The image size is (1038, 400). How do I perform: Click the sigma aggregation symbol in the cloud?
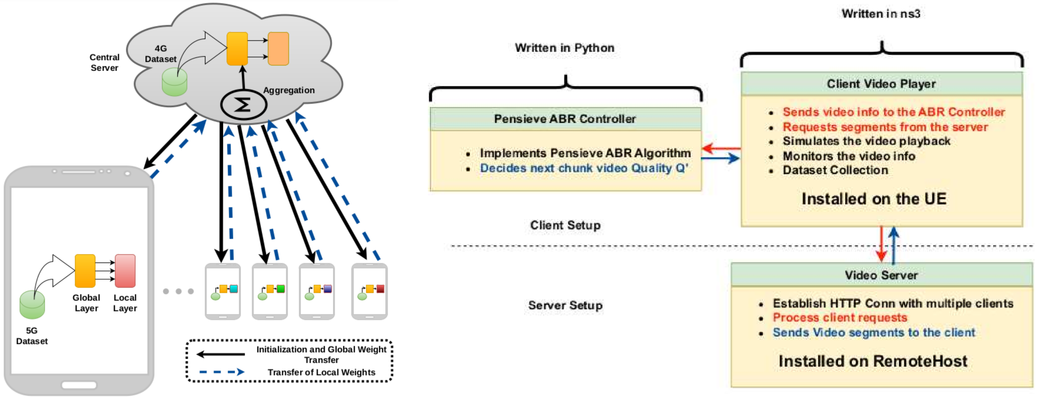(243, 105)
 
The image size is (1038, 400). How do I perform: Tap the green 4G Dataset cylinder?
(174, 82)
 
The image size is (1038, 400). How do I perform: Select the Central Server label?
(104, 62)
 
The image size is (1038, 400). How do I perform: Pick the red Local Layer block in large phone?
(125, 271)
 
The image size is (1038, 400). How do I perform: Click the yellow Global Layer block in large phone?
(85, 271)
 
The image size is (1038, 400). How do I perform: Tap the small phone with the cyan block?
(223, 291)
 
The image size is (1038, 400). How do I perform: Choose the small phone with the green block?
(270, 291)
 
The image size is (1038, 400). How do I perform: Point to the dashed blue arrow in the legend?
(222, 372)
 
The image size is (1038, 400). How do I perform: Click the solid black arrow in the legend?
(220, 354)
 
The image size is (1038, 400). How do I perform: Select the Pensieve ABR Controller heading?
(565, 119)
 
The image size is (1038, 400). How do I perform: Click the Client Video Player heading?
(881, 84)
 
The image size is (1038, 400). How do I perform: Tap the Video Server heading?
(881, 275)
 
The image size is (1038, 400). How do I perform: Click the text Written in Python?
(565, 48)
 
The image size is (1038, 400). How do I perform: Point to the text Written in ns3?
(881, 14)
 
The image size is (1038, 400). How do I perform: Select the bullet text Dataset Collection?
(835, 170)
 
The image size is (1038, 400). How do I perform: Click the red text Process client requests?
(840, 317)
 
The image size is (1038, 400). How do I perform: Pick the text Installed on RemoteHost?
(873, 361)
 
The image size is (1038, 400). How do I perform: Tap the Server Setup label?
(565, 305)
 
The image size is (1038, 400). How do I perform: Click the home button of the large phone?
(79, 385)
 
